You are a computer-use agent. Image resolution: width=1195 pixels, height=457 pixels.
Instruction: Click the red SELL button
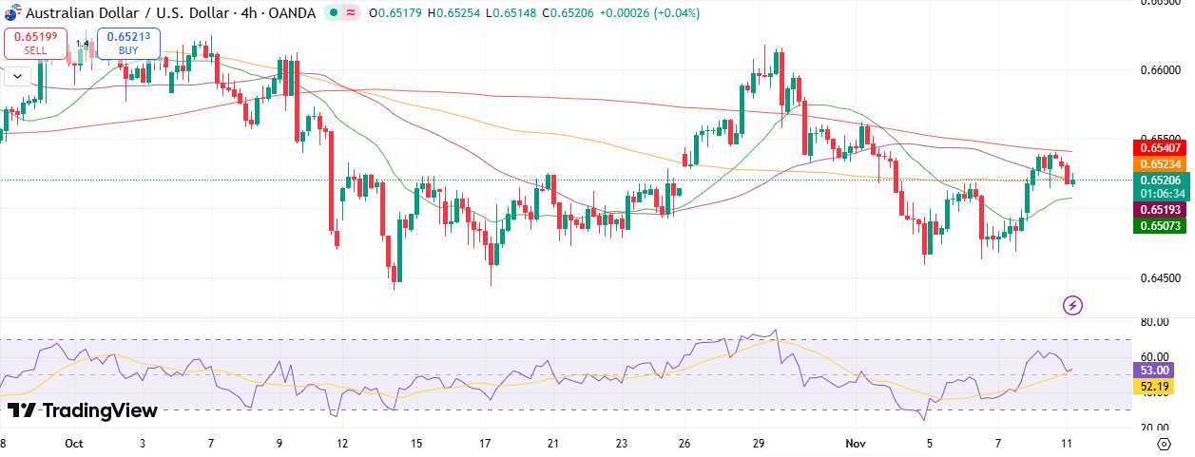coord(35,43)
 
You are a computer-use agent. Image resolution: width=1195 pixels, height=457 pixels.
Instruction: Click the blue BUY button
coord(128,43)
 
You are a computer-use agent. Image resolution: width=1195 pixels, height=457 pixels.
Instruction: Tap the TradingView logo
coord(82,410)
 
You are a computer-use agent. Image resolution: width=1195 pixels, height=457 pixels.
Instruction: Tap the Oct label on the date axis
coord(73,444)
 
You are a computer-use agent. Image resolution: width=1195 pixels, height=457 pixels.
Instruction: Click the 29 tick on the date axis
coord(760,444)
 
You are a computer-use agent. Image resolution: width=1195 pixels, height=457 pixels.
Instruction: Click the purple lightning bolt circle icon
coord(1072,305)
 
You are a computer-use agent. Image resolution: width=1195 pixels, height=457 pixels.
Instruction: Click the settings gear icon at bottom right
coord(1164,444)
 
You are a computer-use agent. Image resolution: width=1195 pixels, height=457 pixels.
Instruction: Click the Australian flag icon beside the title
coord(10,12)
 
